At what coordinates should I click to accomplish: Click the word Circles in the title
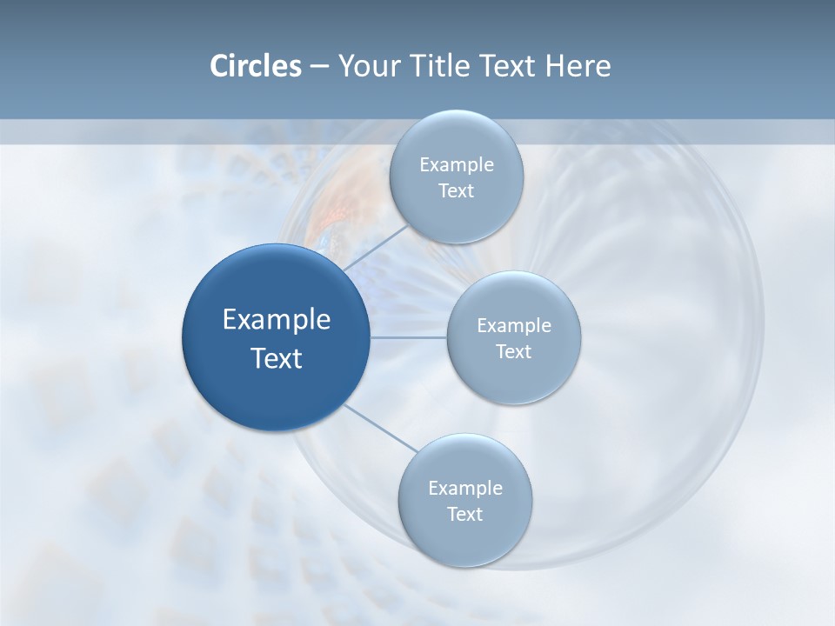pos(255,66)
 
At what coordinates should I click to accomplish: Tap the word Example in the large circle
pos(277,320)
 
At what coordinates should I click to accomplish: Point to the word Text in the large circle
pos(277,358)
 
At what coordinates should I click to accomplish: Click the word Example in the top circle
pos(456,165)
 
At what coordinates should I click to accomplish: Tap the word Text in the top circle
pos(456,191)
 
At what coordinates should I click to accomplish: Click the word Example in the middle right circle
pos(513,326)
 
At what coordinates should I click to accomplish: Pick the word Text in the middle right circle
pos(513,352)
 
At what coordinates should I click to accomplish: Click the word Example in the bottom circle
pos(464,489)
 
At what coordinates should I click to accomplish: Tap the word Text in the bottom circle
pos(464,515)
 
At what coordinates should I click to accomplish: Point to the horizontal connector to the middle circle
pos(409,337)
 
